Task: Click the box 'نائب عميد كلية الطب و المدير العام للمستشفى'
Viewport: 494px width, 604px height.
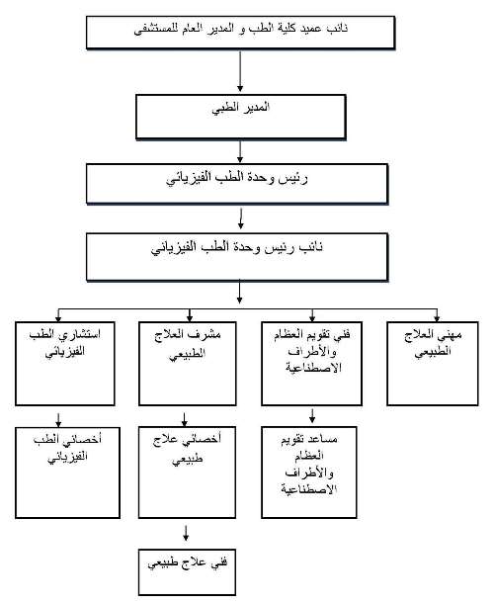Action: pyautogui.click(x=241, y=33)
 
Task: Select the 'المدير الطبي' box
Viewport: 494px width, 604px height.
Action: pyautogui.click(x=241, y=117)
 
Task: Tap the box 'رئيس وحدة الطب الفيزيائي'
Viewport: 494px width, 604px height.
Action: pyautogui.click(x=237, y=184)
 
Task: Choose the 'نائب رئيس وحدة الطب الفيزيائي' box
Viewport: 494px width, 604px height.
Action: pyautogui.click(x=237, y=257)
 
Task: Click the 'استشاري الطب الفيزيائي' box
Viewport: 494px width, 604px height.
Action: pyautogui.click(x=65, y=364)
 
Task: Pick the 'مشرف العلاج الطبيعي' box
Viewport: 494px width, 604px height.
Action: pyautogui.click(x=188, y=364)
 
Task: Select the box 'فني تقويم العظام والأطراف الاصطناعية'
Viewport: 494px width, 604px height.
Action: pyautogui.click(x=311, y=364)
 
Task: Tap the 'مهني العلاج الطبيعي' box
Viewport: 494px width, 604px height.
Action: pyautogui.click(x=433, y=364)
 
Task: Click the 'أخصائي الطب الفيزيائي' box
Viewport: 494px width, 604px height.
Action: pyautogui.click(x=68, y=473)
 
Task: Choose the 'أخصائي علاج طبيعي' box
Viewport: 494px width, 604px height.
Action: pyautogui.click(x=187, y=473)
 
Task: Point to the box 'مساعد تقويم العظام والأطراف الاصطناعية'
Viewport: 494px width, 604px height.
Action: pyautogui.click(x=309, y=473)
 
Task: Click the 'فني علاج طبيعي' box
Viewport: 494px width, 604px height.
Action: pyautogui.click(x=187, y=572)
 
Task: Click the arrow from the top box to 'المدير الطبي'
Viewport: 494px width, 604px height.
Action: pyautogui.click(x=240, y=71)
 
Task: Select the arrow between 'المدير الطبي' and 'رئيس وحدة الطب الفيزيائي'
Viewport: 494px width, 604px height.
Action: pyautogui.click(x=240, y=151)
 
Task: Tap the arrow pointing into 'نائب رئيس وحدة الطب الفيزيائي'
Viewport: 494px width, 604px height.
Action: pyautogui.click(x=241, y=218)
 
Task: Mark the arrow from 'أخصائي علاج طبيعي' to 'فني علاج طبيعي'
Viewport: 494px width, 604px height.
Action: pyautogui.click(x=186, y=533)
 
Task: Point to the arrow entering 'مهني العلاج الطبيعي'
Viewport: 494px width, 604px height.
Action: pyautogui.click(x=437, y=315)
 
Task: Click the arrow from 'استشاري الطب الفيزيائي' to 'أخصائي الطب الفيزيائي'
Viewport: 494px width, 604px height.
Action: pyautogui.click(x=58, y=420)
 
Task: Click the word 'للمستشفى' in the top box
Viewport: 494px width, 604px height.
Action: pyautogui.click(x=153, y=29)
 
